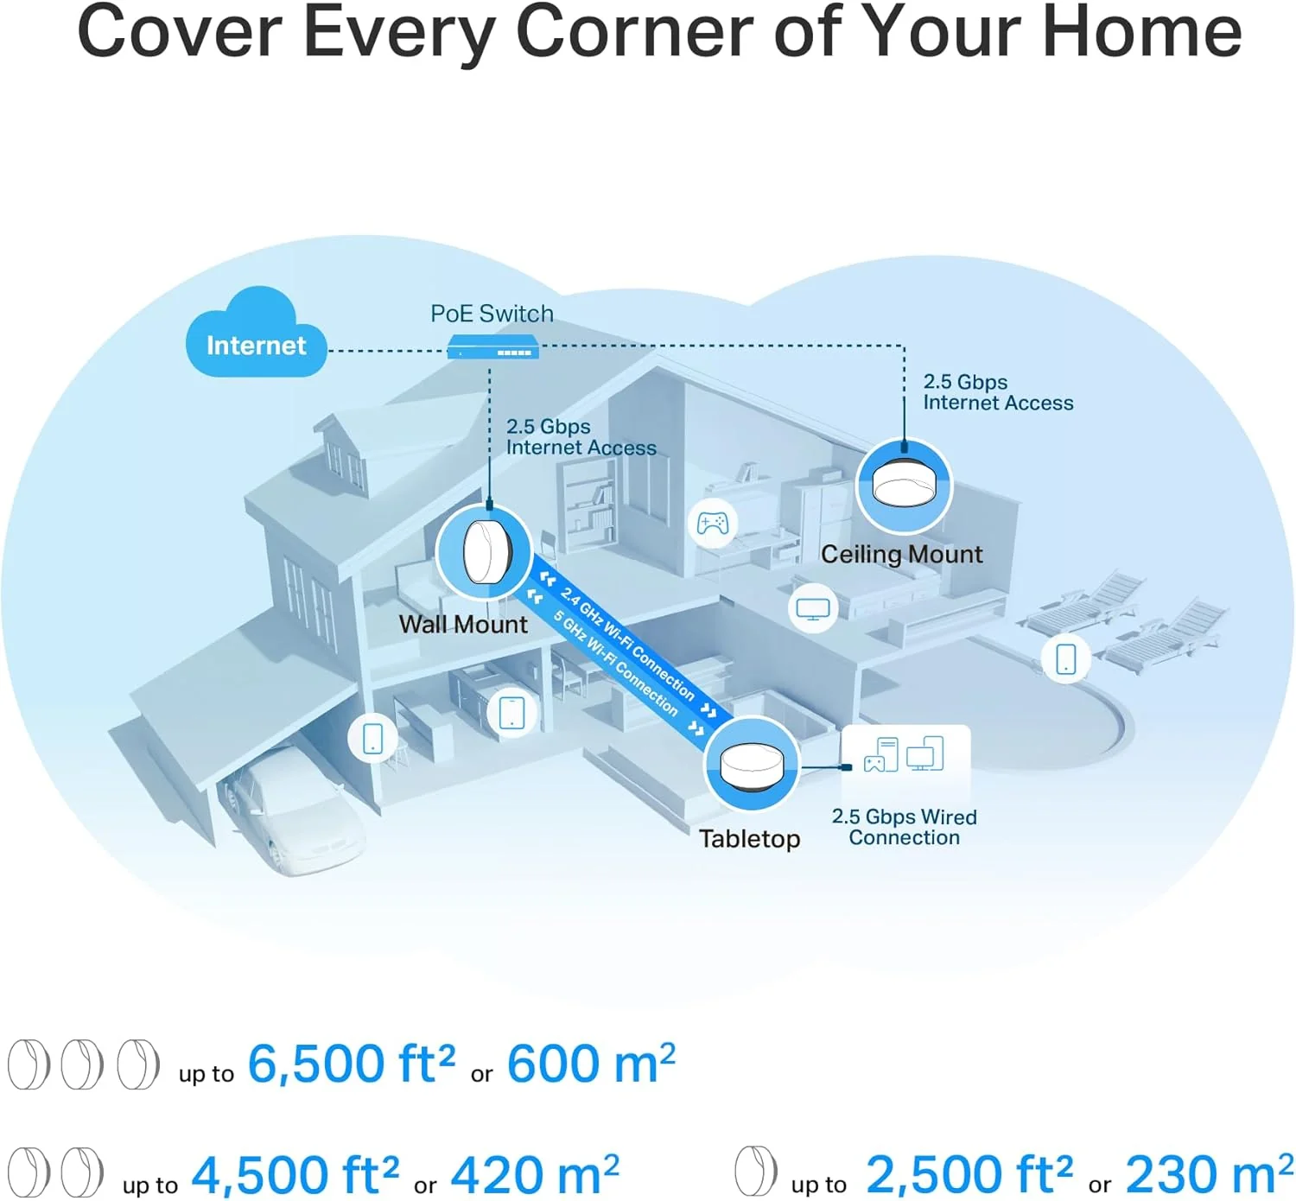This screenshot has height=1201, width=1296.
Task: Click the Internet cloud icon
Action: pyautogui.click(x=256, y=333)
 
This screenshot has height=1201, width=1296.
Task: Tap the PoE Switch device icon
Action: pyautogui.click(x=492, y=346)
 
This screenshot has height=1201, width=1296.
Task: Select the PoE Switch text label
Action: pyautogui.click(x=492, y=314)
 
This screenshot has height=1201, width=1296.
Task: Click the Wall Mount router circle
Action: pyautogui.click(x=484, y=553)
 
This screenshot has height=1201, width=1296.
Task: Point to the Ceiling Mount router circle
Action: pyautogui.click(x=904, y=486)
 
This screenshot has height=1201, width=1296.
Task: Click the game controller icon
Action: pyautogui.click(x=713, y=524)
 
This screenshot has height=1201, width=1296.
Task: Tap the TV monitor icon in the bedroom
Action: pyautogui.click(x=813, y=609)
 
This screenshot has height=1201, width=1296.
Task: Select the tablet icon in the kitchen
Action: pyautogui.click(x=511, y=712)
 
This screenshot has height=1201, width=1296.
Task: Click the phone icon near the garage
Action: pyautogui.click(x=372, y=738)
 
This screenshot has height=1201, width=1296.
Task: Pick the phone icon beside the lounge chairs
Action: pyautogui.click(x=1065, y=658)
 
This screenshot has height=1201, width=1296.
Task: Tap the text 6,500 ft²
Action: pyautogui.click(x=352, y=1064)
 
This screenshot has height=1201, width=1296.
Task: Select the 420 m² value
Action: pyautogui.click(x=535, y=1173)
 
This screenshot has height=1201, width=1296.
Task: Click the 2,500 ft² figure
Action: pyautogui.click(x=969, y=1173)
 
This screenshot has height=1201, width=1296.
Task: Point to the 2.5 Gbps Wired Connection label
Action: pyautogui.click(x=905, y=827)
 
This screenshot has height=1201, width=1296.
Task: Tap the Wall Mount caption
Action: pyautogui.click(x=463, y=625)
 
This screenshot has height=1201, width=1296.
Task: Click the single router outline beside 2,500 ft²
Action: pyautogui.click(x=756, y=1170)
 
